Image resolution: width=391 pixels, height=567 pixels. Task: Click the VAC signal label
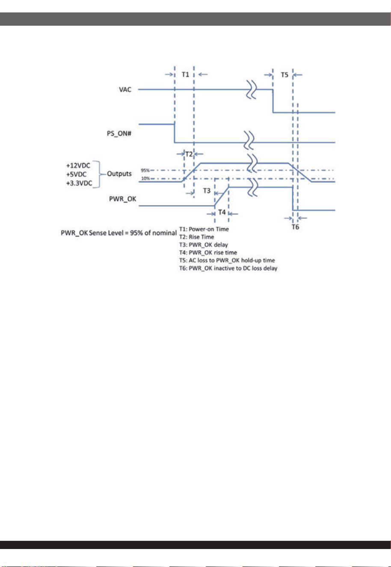pyautogui.click(x=125, y=90)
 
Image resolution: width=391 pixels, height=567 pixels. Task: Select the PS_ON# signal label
pyautogui.click(x=119, y=133)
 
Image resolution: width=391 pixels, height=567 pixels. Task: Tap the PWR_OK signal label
pyautogui.click(x=123, y=199)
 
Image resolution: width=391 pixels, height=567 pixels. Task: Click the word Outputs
pyautogui.click(x=119, y=174)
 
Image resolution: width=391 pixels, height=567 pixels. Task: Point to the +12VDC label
pyautogui.click(x=78, y=166)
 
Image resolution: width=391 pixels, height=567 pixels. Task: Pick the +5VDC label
pyautogui.click(x=77, y=174)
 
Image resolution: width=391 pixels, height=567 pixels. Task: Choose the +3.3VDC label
pyautogui.click(x=79, y=183)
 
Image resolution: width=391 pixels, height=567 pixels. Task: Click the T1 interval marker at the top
pyautogui.click(x=185, y=75)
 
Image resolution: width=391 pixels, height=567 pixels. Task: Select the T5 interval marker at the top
pyautogui.click(x=284, y=75)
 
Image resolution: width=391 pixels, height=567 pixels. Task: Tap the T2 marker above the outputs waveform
pyautogui.click(x=189, y=154)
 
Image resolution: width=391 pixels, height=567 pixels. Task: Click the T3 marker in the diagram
pyautogui.click(x=207, y=191)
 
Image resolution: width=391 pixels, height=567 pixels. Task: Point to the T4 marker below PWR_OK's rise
pyautogui.click(x=222, y=212)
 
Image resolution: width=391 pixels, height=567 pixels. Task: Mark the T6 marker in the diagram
pyautogui.click(x=296, y=227)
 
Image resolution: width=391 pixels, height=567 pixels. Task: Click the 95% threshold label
pyautogui.click(x=145, y=170)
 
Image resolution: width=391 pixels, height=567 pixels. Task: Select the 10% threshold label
pyautogui.click(x=145, y=179)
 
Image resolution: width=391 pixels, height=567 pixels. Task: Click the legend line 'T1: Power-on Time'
pyautogui.click(x=204, y=229)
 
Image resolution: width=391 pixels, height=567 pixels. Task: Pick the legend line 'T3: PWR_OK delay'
pyautogui.click(x=204, y=245)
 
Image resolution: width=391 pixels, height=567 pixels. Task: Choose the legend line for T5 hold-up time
pyautogui.click(x=227, y=260)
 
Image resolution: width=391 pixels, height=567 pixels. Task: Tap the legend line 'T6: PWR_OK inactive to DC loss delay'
pyautogui.click(x=228, y=269)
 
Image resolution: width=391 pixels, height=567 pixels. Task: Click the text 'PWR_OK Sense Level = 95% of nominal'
pyautogui.click(x=118, y=233)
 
